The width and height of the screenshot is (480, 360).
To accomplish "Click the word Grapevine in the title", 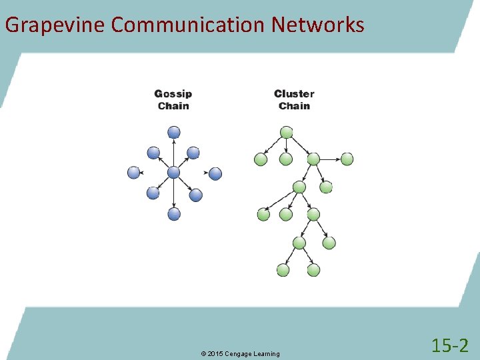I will click(x=54, y=25).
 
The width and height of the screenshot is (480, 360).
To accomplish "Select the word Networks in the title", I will click(x=318, y=25).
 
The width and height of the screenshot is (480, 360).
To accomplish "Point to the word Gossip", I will click(x=173, y=94).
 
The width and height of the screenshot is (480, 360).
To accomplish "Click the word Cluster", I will click(x=294, y=94).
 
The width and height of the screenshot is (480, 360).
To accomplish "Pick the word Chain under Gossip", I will click(x=173, y=106).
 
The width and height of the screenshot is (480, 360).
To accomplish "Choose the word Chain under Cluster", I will click(x=294, y=106).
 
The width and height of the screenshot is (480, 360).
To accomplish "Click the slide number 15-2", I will click(x=450, y=345).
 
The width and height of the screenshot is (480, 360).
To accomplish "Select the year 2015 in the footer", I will click(x=215, y=353).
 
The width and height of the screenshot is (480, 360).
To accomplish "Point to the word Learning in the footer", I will click(x=266, y=353).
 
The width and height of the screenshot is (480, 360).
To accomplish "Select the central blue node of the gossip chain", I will click(x=174, y=173).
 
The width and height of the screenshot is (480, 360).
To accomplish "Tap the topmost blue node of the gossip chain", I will click(x=174, y=133).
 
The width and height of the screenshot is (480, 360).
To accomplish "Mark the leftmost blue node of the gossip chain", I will click(x=134, y=173).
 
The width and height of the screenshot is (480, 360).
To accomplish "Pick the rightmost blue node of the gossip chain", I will click(x=215, y=173).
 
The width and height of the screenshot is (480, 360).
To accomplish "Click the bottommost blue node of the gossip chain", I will click(x=174, y=214).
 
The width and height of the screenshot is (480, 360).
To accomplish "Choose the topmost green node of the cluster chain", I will click(x=286, y=133).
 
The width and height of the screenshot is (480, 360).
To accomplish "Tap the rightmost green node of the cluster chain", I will click(x=347, y=159).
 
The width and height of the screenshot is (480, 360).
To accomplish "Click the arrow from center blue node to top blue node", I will click(x=174, y=153).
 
